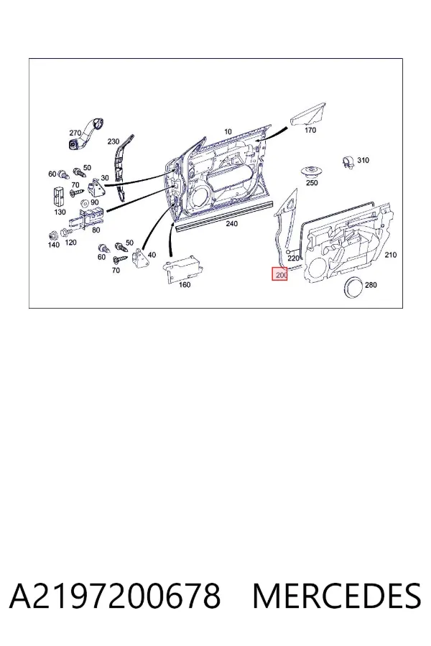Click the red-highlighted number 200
click(279, 275)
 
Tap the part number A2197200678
click(115, 596)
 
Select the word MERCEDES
click(337, 596)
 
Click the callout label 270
click(75, 133)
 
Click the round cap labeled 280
click(353, 288)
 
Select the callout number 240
click(231, 224)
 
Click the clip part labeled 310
click(348, 162)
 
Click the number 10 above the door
click(228, 132)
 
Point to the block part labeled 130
click(57, 197)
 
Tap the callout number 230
click(113, 141)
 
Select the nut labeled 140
click(52, 235)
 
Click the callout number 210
click(391, 255)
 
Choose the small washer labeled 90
click(85, 202)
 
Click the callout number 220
click(293, 258)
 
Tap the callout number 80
click(96, 230)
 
